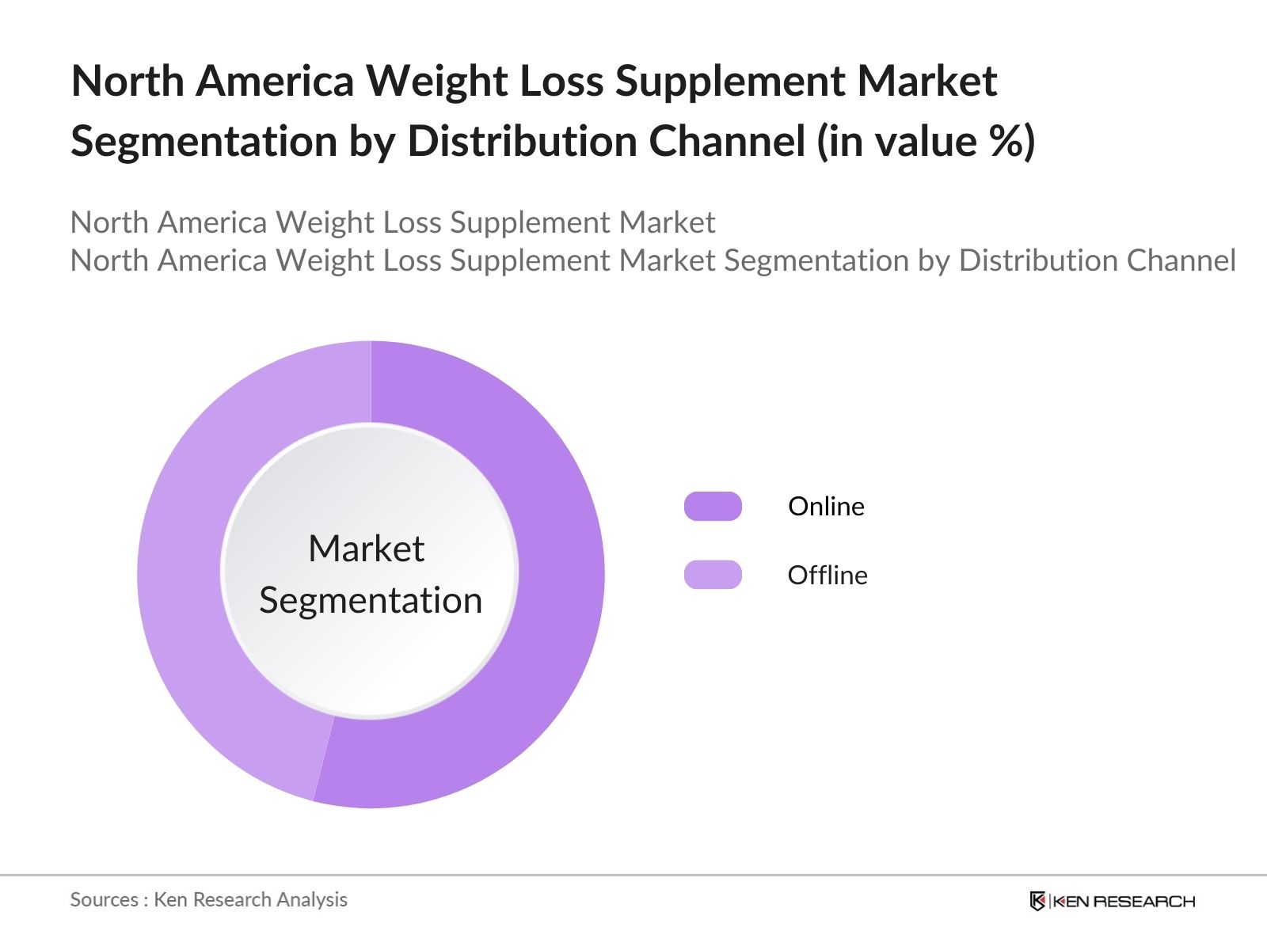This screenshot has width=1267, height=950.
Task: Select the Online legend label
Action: pyautogui.click(x=826, y=507)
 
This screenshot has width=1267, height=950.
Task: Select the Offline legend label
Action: pyautogui.click(x=828, y=576)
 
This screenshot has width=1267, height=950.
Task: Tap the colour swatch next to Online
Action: pyautogui.click(x=713, y=507)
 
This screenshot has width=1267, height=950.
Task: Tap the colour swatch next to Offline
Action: pyautogui.click(x=713, y=575)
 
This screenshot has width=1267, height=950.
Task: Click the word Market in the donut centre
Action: pyautogui.click(x=366, y=549)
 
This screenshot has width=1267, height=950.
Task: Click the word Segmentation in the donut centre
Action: pyautogui.click(x=371, y=600)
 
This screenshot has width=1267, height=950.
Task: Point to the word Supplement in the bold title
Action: pyautogui.click(x=729, y=82)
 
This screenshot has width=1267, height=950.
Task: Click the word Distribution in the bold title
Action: pyautogui.click(x=523, y=142)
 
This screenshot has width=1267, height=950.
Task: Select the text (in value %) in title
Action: pyautogui.click(x=926, y=142)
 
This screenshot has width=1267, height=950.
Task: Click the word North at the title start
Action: pyautogui.click(x=127, y=82)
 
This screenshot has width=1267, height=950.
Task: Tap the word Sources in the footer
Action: pyautogui.click(x=104, y=899)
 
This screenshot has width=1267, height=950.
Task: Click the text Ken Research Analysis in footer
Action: pyautogui.click(x=250, y=899)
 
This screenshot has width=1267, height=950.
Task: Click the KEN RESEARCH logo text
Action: pyautogui.click(x=1123, y=901)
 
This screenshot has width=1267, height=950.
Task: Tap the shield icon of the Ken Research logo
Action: pyautogui.click(x=1037, y=901)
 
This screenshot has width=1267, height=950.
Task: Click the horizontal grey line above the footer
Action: pyautogui.click(x=633, y=876)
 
